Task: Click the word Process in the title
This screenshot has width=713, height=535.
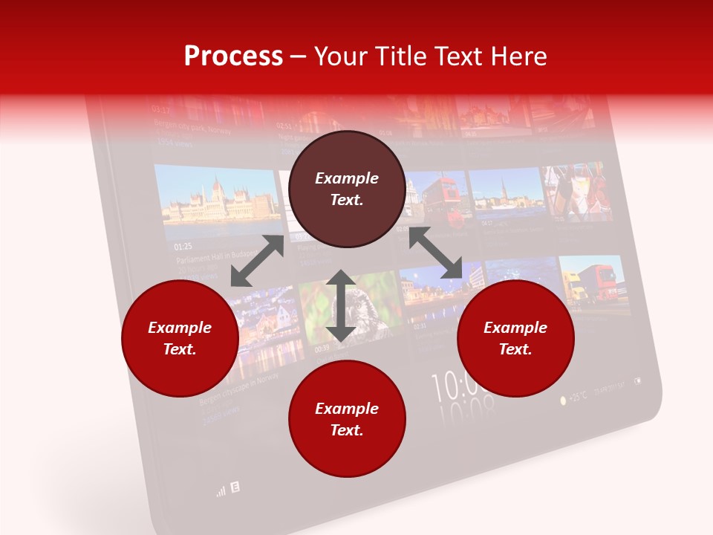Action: [x=233, y=56]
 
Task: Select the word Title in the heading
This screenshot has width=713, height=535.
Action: [x=402, y=56]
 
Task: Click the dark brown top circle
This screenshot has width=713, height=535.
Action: [x=347, y=189]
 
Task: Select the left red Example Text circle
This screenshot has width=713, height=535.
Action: [x=180, y=338]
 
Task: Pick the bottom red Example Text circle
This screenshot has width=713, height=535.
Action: [x=347, y=419]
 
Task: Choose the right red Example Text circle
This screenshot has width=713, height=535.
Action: [x=515, y=338]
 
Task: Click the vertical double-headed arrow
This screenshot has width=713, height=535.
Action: [x=341, y=305]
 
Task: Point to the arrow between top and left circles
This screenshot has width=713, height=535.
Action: [x=257, y=261]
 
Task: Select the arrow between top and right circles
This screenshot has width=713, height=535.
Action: [x=435, y=253]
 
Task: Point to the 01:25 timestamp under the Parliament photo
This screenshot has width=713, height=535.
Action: [x=183, y=246]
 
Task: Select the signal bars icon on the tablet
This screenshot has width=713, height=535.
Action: [x=221, y=491]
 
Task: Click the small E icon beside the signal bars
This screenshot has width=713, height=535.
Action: [x=235, y=487]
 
